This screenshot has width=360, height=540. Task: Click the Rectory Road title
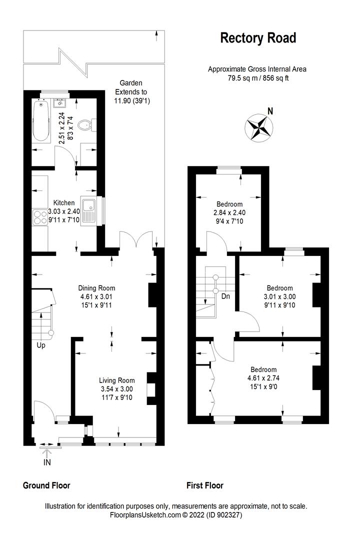(258, 38)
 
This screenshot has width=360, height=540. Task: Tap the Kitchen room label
(64, 202)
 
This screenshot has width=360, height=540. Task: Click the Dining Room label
(96, 288)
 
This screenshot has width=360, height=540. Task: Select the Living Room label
(116, 380)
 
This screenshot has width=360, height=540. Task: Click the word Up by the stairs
(40, 345)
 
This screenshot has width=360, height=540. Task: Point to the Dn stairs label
(225, 295)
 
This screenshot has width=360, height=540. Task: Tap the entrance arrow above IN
(47, 453)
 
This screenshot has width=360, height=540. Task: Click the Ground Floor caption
(46, 485)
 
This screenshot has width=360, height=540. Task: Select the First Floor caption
(205, 485)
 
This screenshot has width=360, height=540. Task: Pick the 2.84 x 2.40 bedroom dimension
(229, 212)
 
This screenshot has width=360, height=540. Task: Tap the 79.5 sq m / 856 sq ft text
(257, 78)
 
